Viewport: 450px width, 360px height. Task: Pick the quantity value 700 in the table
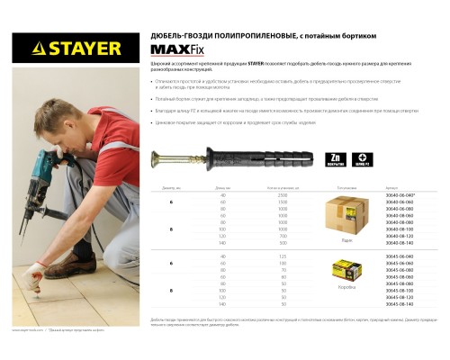tap(283, 236)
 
